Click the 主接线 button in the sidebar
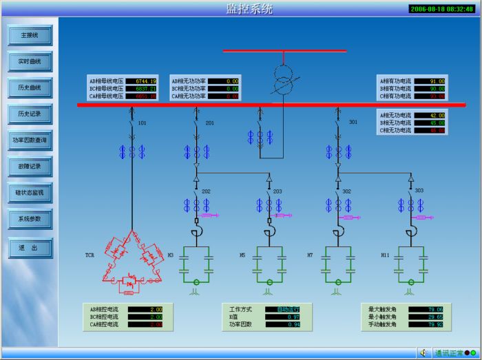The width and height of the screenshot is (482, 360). [x=30, y=35]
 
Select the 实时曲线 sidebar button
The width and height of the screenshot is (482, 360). [x=30, y=61]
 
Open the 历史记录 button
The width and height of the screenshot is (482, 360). [x=30, y=114]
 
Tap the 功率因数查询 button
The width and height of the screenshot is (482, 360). [x=30, y=140]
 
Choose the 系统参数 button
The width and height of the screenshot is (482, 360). [x=30, y=219]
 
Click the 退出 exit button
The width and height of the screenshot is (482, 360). [x=30, y=246]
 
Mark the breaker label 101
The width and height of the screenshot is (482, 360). [x=143, y=123]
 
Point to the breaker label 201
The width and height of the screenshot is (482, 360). [x=209, y=123]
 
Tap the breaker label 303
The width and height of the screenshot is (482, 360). [x=419, y=191]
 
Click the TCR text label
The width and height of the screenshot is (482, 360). [x=90, y=255]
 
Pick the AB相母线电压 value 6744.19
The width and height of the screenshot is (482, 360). [x=146, y=81]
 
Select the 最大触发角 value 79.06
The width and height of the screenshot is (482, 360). [x=434, y=309]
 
